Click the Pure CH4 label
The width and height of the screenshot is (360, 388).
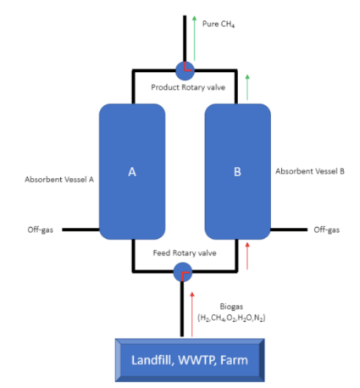219,24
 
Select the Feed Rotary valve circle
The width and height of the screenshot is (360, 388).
183,272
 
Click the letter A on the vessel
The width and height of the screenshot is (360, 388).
132,172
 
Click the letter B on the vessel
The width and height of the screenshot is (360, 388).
237,172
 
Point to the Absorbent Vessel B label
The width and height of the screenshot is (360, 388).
309,171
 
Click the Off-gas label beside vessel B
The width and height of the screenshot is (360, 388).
326,230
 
